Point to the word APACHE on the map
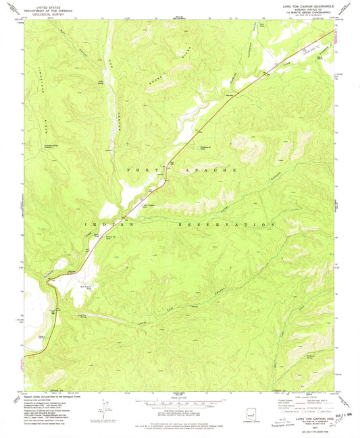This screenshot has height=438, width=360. (217, 171)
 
